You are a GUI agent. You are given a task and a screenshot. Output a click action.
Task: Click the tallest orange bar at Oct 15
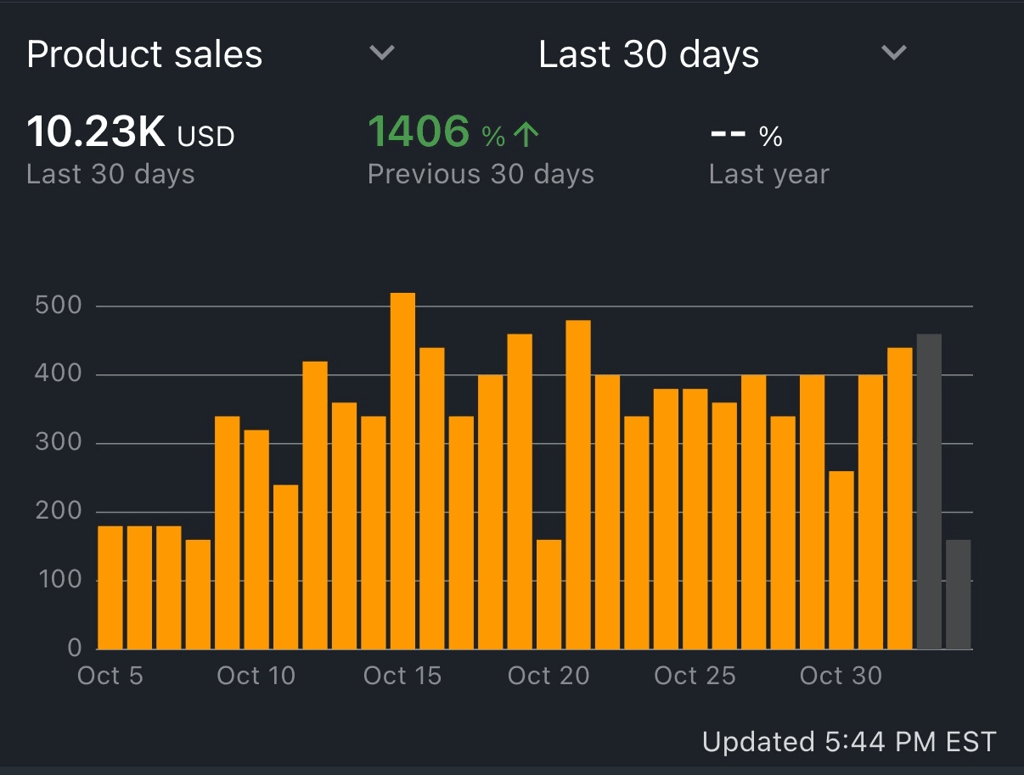coord(402,471)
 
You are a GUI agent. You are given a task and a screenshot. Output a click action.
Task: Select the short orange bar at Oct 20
coord(549,594)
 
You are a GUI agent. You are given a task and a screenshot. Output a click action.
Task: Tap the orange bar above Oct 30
coord(841,560)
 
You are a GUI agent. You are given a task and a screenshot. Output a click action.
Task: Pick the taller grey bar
coord(929,492)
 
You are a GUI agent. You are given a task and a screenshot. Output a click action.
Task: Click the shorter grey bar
coord(958,594)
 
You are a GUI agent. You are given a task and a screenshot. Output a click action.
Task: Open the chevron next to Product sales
coord(382,53)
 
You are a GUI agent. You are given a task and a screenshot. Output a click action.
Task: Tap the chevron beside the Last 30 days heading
coord(893,53)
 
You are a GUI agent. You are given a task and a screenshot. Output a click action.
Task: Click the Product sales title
coord(144,54)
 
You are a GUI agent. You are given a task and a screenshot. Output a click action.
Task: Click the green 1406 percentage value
coord(419,132)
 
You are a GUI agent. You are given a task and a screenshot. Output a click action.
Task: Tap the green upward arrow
coord(527,134)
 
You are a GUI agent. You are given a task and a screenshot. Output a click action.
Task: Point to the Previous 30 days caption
coord(481,174)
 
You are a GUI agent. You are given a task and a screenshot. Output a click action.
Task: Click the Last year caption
coord(768,174)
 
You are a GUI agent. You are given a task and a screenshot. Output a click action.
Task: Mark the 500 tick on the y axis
coord(58,306)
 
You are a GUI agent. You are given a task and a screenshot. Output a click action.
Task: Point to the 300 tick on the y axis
coord(58,443)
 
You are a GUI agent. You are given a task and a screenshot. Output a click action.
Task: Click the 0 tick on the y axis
coord(74,649)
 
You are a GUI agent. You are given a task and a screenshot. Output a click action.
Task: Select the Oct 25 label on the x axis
coord(695,676)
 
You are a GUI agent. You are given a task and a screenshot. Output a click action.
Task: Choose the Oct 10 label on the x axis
coord(256,676)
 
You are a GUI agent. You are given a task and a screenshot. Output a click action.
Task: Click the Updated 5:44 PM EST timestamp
coord(848,742)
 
